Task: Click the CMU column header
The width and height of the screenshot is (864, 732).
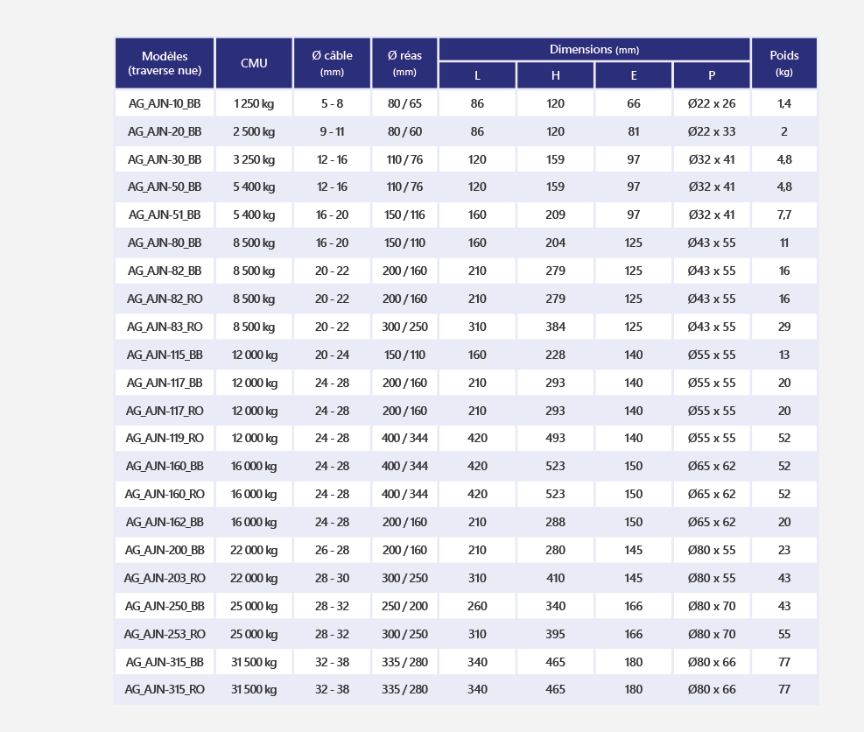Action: (254, 63)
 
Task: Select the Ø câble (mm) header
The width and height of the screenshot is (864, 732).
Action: (333, 63)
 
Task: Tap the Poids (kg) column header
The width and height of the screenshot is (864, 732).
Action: (784, 63)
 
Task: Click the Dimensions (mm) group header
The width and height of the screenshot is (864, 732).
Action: (594, 50)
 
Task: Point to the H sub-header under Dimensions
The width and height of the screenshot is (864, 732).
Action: (555, 75)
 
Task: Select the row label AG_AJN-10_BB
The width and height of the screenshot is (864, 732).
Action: (165, 103)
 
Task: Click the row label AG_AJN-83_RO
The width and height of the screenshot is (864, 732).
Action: (165, 327)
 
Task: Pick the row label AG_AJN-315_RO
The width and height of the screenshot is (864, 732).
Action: (165, 690)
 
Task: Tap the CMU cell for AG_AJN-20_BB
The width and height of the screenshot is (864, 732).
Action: (254, 131)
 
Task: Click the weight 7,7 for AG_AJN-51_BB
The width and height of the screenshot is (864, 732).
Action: (784, 215)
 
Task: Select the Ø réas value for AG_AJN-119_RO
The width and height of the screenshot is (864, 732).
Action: (405, 438)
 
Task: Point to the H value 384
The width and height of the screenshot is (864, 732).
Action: (555, 327)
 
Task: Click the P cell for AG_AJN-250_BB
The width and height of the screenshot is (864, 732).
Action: (712, 606)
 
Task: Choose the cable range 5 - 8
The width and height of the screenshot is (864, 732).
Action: (333, 103)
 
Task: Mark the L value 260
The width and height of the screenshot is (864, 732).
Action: (477, 606)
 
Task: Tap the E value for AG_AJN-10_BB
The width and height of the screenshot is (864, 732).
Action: (634, 103)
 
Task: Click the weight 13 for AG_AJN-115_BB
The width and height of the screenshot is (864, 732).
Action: (784, 355)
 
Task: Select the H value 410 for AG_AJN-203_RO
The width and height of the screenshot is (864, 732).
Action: (555, 578)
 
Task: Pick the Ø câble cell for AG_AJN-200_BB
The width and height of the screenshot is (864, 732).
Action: (333, 550)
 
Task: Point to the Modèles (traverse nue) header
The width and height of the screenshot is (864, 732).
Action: (165, 63)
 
